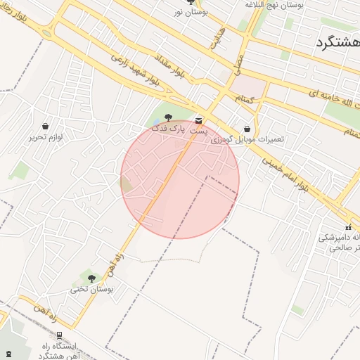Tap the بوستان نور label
coord(191,13)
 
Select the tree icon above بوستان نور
coord(191,2)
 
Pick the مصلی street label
coord(239,67)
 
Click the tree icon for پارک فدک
coord(168,118)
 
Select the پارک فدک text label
coord(173,130)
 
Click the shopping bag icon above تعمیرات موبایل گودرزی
coord(247,129)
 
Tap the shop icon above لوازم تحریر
coord(46,127)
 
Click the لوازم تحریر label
coord(46,137)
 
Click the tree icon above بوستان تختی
coord(91,278)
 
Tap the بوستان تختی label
coord(91,289)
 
